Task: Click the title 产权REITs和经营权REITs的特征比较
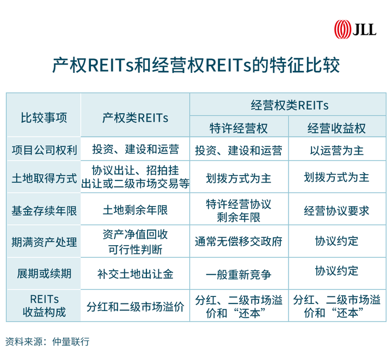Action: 195,66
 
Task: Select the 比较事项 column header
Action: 44,117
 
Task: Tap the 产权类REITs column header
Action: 135,117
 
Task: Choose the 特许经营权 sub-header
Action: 238,128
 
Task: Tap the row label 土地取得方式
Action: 44,178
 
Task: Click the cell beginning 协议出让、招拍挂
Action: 135,177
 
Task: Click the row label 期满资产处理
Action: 44,241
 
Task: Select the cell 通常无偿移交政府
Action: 238,241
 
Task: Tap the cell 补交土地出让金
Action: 135,274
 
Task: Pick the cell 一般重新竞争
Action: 238,274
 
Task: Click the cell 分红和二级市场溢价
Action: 135,306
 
